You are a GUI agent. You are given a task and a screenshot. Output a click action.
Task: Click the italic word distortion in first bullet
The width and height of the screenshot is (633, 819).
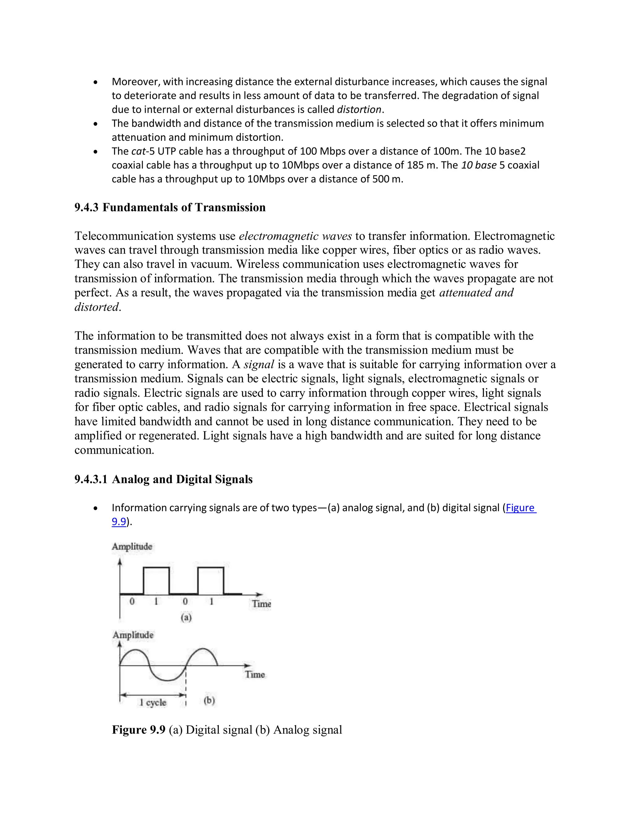click(x=359, y=109)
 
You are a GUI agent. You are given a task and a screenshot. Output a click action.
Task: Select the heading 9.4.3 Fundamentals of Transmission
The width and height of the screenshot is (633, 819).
click(x=170, y=207)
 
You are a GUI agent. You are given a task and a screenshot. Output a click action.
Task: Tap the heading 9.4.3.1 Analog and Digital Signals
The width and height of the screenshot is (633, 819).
click(x=164, y=479)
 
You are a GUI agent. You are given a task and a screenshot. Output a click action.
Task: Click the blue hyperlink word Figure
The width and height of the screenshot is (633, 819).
click(x=520, y=508)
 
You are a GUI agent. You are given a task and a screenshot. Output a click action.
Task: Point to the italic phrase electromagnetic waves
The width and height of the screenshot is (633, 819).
click(x=295, y=236)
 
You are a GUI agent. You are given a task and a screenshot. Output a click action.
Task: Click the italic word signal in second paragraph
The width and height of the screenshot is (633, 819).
click(x=259, y=364)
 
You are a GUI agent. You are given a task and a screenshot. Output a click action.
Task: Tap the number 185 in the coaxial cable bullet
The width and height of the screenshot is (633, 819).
click(x=415, y=165)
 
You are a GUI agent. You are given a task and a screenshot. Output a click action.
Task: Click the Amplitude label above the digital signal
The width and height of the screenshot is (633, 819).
click(x=132, y=547)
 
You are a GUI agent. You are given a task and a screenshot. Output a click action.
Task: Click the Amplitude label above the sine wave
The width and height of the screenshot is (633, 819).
click(x=133, y=635)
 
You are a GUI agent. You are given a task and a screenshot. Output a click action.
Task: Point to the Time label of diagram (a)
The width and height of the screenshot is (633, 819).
click(x=261, y=604)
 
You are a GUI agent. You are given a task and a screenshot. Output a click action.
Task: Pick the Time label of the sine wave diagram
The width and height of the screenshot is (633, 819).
click(x=255, y=675)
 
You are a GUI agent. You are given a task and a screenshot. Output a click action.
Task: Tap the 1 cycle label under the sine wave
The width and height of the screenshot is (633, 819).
click(x=153, y=702)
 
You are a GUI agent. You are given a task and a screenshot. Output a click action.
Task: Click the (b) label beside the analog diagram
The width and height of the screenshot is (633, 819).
click(x=209, y=701)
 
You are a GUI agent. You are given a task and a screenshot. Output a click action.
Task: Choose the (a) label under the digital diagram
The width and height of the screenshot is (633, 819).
click(x=186, y=617)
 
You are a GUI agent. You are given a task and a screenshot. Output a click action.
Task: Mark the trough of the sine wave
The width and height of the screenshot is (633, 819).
click(x=168, y=680)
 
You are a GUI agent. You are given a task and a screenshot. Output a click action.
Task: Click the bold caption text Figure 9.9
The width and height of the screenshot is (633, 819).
click(x=138, y=730)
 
